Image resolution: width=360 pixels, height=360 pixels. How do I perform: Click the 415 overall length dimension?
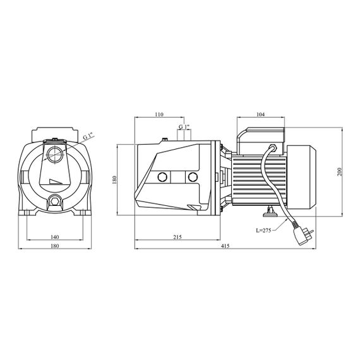tap(225, 246)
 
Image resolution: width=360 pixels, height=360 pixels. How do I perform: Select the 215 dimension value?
tap(177, 237)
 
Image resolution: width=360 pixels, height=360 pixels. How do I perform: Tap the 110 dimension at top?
tap(159, 114)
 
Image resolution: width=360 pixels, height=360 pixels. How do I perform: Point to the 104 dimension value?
tap(261, 114)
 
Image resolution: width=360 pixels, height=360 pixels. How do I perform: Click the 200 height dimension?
tap(340, 172)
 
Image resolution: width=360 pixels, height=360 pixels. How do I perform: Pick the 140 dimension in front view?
tap(55, 237)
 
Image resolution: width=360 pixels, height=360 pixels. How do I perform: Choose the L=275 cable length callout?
tap(264, 231)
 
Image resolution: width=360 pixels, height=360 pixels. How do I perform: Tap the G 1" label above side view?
tap(184, 127)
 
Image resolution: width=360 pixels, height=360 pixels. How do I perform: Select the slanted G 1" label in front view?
tap(88, 136)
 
